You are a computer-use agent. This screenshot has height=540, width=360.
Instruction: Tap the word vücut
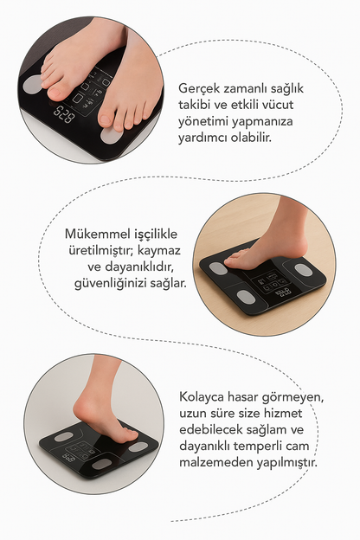[277, 105]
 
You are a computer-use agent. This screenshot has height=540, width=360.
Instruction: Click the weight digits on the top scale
[64, 113]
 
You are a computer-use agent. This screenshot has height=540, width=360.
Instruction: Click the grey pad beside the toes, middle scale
[218, 268]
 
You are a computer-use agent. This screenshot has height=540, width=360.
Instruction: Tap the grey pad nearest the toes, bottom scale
[138, 447]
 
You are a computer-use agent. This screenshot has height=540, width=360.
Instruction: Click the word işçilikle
[156, 235]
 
